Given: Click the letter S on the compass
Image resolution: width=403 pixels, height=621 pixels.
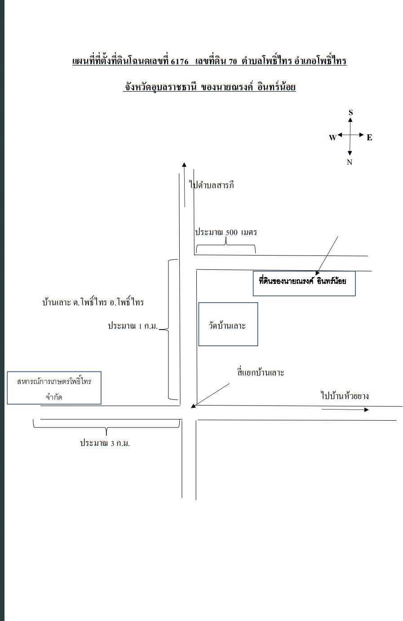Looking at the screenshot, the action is click(350, 113).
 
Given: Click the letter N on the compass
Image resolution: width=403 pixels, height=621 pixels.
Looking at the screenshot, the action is click(350, 162).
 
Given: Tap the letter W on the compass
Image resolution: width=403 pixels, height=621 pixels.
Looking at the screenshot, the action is click(332, 137).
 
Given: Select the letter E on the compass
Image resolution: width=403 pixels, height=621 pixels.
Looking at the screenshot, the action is click(369, 137).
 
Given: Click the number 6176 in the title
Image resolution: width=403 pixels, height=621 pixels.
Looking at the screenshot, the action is click(179, 61).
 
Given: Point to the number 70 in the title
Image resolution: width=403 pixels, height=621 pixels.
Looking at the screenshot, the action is click(233, 61).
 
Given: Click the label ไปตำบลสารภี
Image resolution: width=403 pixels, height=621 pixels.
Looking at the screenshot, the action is click(212, 185).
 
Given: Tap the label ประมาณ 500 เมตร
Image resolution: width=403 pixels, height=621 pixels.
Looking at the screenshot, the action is click(226, 232).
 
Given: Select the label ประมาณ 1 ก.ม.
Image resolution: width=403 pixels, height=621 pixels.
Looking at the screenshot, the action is click(133, 326).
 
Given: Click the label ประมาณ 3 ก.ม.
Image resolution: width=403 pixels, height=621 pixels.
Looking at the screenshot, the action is click(105, 443).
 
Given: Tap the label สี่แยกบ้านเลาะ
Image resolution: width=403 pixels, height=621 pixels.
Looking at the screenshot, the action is click(261, 372).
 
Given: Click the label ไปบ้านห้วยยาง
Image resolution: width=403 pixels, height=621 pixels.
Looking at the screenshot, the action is click(345, 396).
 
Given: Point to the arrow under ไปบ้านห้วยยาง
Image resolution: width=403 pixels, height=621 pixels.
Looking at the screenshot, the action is click(345, 410).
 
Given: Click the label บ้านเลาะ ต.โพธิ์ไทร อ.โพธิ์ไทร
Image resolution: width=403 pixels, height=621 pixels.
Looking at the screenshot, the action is click(93, 302).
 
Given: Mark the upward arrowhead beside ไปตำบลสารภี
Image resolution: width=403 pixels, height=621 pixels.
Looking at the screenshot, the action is click(185, 165).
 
